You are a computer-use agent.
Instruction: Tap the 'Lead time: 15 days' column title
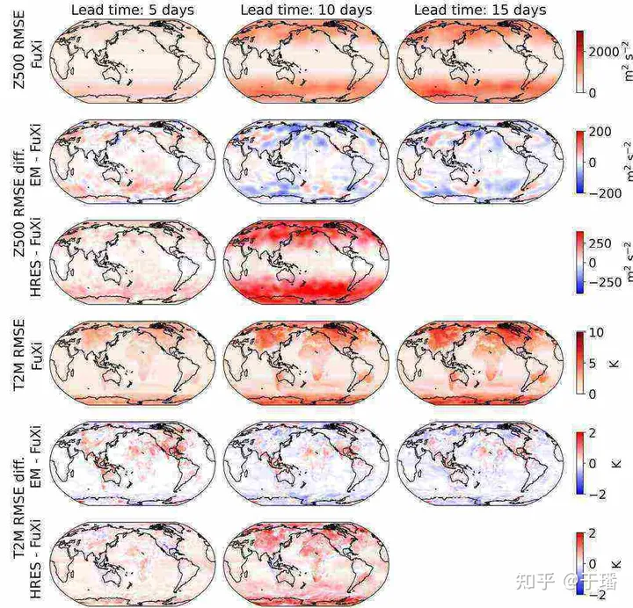[x=479, y=10]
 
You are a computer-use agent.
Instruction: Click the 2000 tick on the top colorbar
[x=602, y=52]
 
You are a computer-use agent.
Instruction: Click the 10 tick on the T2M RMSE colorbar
[x=595, y=332]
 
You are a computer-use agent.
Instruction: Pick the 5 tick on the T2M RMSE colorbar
[x=592, y=363]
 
